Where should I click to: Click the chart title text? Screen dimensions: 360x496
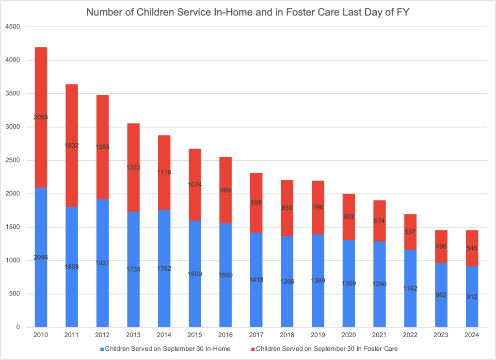coord(248,12)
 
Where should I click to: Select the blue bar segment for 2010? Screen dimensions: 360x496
coord(40,218)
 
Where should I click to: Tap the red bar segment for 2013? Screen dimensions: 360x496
coord(133,194)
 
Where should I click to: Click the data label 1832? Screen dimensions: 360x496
coord(71,145)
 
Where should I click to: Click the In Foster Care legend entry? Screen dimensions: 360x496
coord(325,348)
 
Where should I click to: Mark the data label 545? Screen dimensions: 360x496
coord(472,248)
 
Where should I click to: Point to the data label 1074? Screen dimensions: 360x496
coord(194,184)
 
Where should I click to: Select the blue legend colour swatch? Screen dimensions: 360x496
coord(102,348)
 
